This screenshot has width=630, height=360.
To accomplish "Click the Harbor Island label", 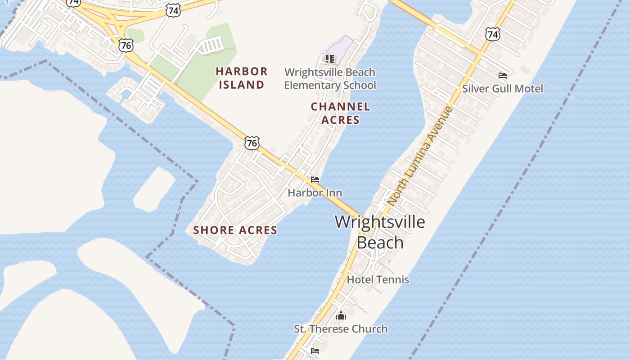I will [242, 78].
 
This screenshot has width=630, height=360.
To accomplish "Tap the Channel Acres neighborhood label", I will [341, 113].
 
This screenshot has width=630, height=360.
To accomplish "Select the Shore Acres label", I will [235, 230].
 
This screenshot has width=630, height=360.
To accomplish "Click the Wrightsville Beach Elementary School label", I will [330, 79].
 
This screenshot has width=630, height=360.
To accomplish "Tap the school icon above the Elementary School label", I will [330, 59].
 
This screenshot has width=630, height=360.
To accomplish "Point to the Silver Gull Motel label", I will [503, 88].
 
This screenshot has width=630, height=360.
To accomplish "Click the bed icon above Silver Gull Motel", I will [503, 75].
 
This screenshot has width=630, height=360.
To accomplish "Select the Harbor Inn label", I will [315, 193].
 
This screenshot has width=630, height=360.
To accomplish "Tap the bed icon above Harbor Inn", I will [315, 180].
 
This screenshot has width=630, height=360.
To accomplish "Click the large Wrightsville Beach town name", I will [380, 232].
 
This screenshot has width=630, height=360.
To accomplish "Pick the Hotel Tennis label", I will [378, 279].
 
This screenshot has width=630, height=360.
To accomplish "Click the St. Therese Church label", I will [341, 329].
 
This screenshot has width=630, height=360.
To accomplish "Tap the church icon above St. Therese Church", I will [341, 315].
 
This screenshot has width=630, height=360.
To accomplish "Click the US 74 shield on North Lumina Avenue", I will [493, 34].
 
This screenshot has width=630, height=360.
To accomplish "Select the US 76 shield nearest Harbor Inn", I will [252, 143].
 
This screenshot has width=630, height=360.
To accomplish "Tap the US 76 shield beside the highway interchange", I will [126, 45].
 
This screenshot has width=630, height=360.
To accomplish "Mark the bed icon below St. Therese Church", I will [315, 351].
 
